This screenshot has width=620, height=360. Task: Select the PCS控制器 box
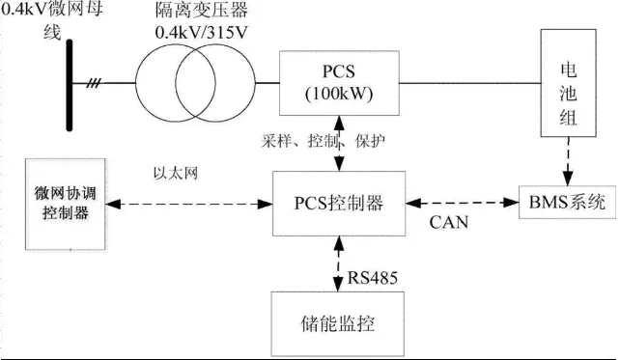tap(337, 203)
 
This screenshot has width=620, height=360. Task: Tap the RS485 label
tap(373, 279)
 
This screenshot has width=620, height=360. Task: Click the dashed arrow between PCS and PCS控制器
tap(337, 144)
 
